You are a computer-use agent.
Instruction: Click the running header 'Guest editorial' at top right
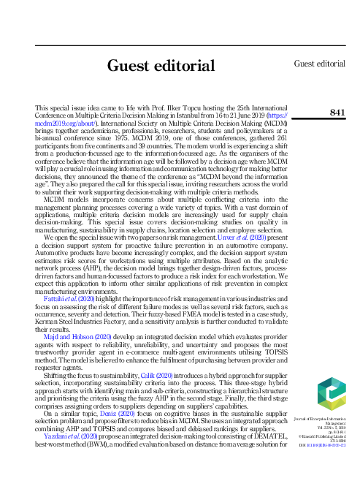319,64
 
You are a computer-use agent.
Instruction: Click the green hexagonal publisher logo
328,393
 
